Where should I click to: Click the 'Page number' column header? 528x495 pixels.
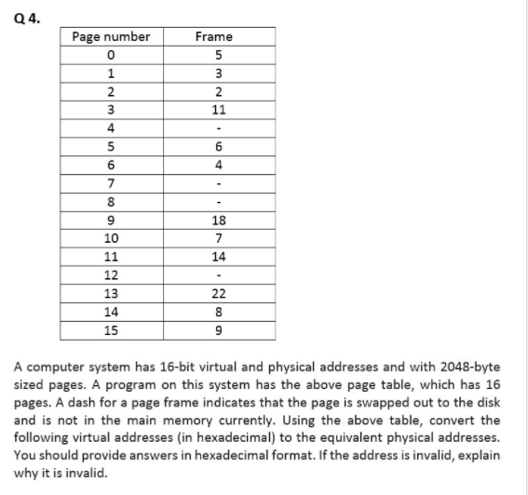point(111,36)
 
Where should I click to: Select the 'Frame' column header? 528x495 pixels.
point(214,36)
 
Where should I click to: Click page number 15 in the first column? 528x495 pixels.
point(111,331)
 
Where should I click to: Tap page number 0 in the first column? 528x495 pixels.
point(111,54)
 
